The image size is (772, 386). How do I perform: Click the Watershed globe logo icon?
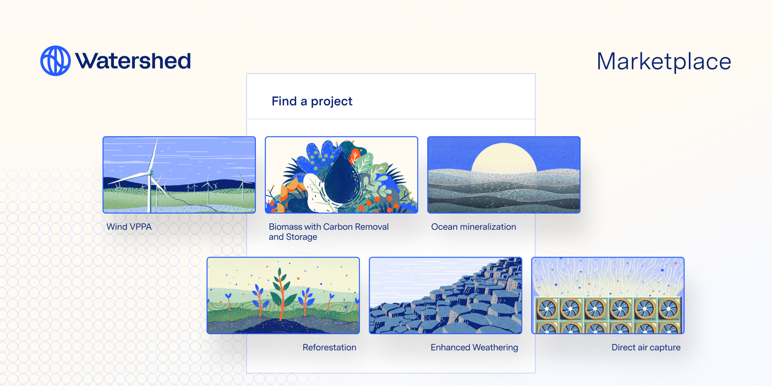point(55,61)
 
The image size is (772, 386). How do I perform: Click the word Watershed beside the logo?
point(133,61)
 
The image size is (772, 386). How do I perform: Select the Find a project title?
point(312,101)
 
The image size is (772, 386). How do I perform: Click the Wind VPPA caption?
point(129,227)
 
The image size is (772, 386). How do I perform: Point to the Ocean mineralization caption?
point(473,227)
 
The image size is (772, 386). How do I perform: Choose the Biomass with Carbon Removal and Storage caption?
point(329,232)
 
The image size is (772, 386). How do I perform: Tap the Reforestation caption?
point(329,347)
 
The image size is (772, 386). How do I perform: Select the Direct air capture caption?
point(646,348)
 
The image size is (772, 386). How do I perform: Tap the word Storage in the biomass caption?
point(302,237)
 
